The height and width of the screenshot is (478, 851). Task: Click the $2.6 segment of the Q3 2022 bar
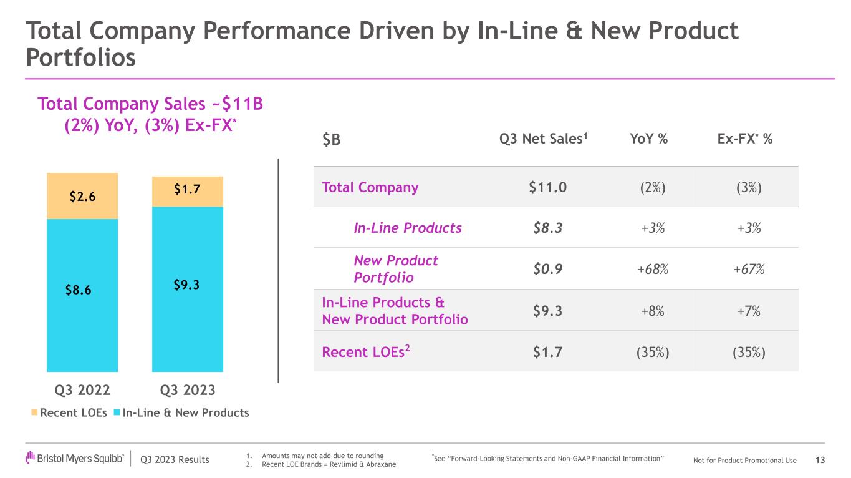[x=82, y=196]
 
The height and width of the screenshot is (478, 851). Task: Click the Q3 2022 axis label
[x=83, y=390]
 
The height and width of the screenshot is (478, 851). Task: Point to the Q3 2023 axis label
[x=188, y=390]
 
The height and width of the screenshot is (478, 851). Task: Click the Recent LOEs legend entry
[x=70, y=412]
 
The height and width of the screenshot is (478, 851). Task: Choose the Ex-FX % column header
[x=744, y=140]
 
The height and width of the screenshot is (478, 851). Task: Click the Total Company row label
[x=370, y=187]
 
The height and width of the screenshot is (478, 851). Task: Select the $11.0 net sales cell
[x=547, y=187]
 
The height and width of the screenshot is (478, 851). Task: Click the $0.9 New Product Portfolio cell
[x=547, y=269]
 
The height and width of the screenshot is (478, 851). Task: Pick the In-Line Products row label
[x=408, y=228]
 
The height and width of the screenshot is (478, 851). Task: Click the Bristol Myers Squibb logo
[x=75, y=460]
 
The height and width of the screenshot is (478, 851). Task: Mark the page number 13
[x=820, y=461]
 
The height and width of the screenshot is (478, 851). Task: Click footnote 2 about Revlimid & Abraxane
[x=324, y=466]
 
